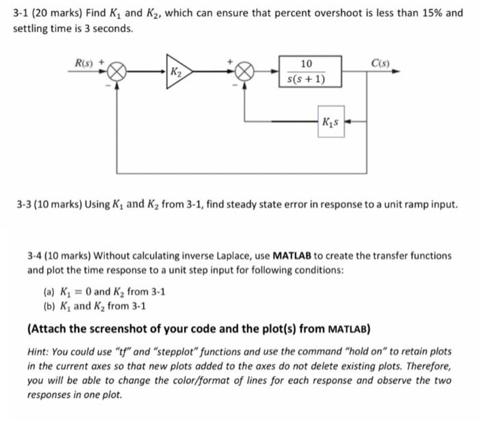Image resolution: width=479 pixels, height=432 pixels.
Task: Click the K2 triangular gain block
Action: (x=180, y=71)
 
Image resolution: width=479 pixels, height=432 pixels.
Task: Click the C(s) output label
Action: (x=379, y=60)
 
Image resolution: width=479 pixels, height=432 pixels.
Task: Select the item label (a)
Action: (x=48, y=290)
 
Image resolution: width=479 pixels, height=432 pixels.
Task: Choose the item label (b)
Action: (x=48, y=306)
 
